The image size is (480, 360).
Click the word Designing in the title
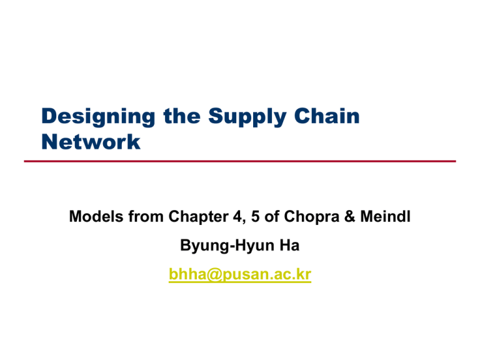[x=83, y=117]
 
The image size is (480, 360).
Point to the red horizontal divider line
[x=240, y=161]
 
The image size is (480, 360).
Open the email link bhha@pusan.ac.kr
[x=240, y=276]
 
